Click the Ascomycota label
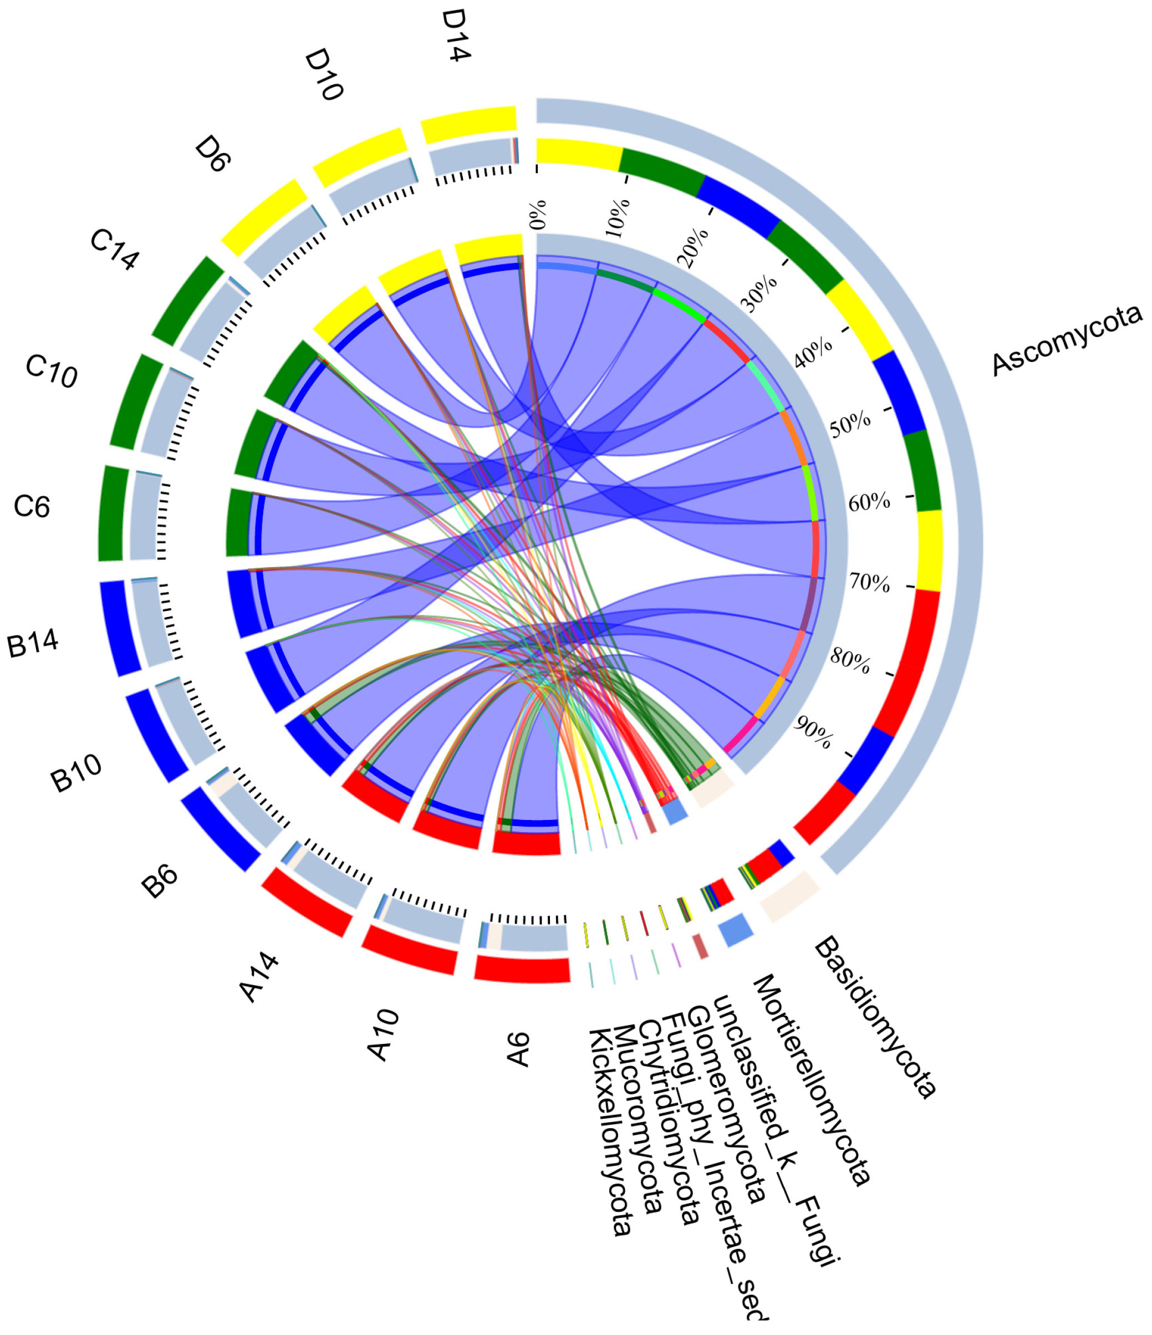tap(1066, 341)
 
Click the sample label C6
tap(32, 507)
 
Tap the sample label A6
tap(519, 1049)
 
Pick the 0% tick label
tap(538, 215)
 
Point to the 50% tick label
tap(849, 425)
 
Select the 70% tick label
tap(869, 583)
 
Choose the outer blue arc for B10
tap(156, 735)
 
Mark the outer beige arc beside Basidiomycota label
tap(790, 895)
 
